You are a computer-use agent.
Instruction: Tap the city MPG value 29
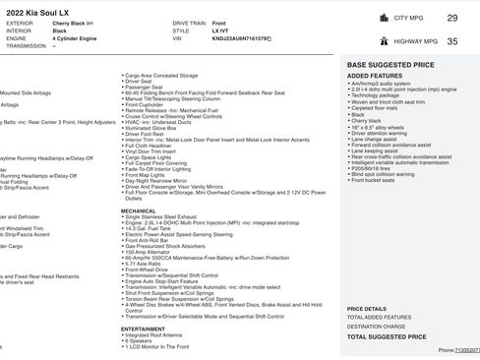coord(451,18)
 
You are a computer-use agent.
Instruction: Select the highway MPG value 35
coord(451,41)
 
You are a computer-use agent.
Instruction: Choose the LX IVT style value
coord(220,30)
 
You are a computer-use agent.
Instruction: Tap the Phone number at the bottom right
coord(458,349)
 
